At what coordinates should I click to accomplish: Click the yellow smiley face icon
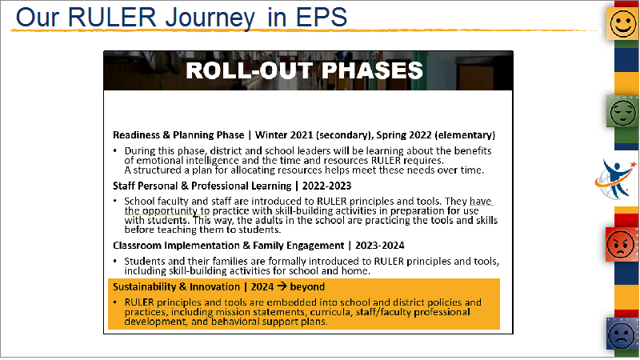(623, 24)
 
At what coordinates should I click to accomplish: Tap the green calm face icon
(623, 111)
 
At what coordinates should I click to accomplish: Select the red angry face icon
(622, 245)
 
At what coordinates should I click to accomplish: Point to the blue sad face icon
(622, 334)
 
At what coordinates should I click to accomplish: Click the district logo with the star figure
(616, 179)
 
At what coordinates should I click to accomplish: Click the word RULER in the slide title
(112, 17)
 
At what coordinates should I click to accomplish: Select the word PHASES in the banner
(372, 70)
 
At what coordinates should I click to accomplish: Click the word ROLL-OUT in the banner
(249, 70)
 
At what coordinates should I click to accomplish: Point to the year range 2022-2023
(326, 186)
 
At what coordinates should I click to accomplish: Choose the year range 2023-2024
(379, 246)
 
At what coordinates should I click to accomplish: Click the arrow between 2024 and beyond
(282, 286)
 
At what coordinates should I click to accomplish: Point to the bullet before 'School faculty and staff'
(115, 201)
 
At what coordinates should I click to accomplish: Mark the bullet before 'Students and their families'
(115, 261)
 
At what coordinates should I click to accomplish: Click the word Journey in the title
(210, 18)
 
